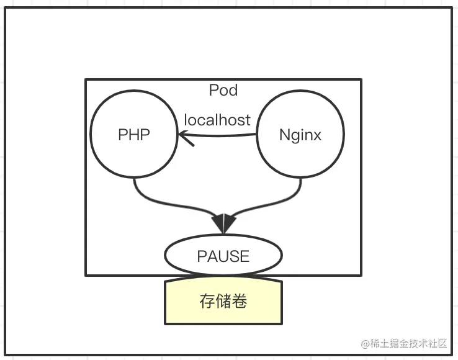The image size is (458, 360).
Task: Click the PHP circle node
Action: [134, 135]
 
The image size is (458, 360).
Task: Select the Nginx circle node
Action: [300, 135]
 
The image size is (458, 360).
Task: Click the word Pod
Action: [223, 91]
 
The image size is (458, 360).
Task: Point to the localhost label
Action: [218, 119]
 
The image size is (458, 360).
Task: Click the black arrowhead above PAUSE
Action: [223, 222]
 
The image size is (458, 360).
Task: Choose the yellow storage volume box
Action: [223, 302]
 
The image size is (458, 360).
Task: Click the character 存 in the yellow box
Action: [207, 302]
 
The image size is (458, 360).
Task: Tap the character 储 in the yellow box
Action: [223, 302]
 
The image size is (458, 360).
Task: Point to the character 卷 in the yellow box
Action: [240, 302]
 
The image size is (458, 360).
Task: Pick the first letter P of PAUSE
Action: [202, 256]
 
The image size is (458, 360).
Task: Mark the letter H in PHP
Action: [134, 135]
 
